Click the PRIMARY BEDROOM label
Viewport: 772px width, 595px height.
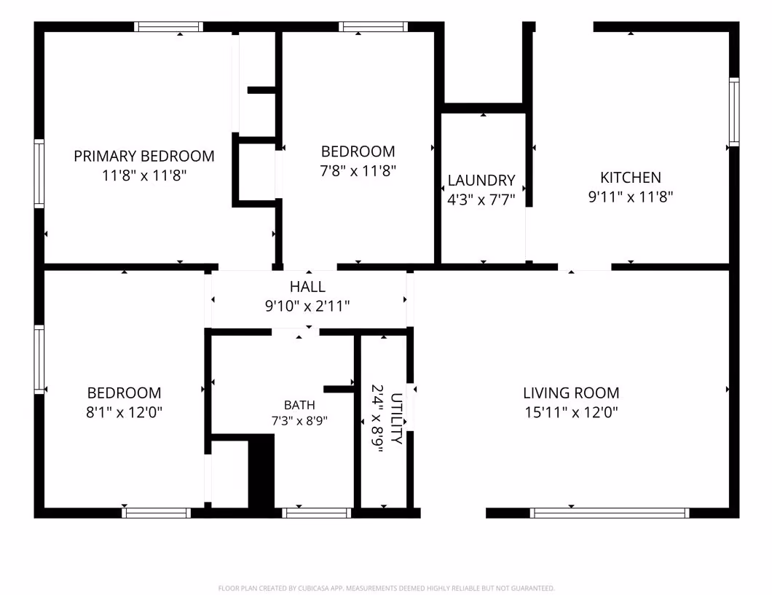pyautogui.click(x=144, y=156)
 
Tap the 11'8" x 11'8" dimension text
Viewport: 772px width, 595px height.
pyautogui.click(x=144, y=176)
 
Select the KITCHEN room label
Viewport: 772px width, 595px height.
pyautogui.click(x=631, y=177)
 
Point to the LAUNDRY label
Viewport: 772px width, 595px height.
pyautogui.click(x=481, y=180)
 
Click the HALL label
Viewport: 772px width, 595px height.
pyautogui.click(x=308, y=286)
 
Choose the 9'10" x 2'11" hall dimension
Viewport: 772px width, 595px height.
pyautogui.click(x=308, y=306)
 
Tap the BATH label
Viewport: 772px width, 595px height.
pyautogui.click(x=299, y=405)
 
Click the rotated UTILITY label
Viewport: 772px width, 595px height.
pyautogui.click(x=396, y=418)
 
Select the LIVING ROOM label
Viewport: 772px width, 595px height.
pyautogui.click(x=571, y=393)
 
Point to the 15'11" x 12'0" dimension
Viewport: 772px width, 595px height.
pyautogui.click(x=571, y=412)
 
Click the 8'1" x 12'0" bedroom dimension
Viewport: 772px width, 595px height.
pyautogui.click(x=124, y=412)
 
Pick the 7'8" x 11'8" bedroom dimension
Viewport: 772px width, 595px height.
pyautogui.click(x=358, y=170)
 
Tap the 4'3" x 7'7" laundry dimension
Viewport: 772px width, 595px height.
pyautogui.click(x=481, y=200)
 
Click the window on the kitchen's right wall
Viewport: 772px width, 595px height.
pyautogui.click(x=734, y=111)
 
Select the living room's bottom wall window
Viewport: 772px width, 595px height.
pyautogui.click(x=610, y=513)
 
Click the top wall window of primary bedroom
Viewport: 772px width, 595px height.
pyautogui.click(x=169, y=26)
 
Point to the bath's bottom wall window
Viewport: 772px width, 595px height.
pyautogui.click(x=317, y=513)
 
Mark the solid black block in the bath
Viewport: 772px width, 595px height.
pyautogui.click(x=261, y=471)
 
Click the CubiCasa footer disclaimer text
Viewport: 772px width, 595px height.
pyautogui.click(x=387, y=588)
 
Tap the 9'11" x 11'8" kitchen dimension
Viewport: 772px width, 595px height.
pyautogui.click(x=631, y=197)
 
